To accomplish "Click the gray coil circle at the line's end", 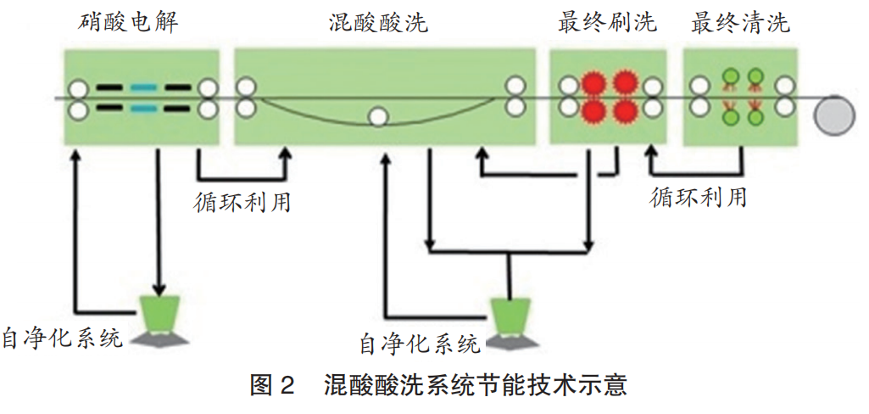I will (834, 115).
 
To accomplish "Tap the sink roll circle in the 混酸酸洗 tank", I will (378, 116).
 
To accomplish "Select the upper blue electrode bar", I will (142, 87).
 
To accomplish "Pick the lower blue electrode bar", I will (142, 109).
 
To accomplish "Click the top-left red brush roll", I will (593, 84).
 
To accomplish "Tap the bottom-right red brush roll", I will (625, 111).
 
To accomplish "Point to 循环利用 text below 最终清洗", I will (699, 197).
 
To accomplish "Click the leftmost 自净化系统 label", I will (63, 337).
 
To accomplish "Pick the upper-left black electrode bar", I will (109, 87).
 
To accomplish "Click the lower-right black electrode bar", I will (177, 109).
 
